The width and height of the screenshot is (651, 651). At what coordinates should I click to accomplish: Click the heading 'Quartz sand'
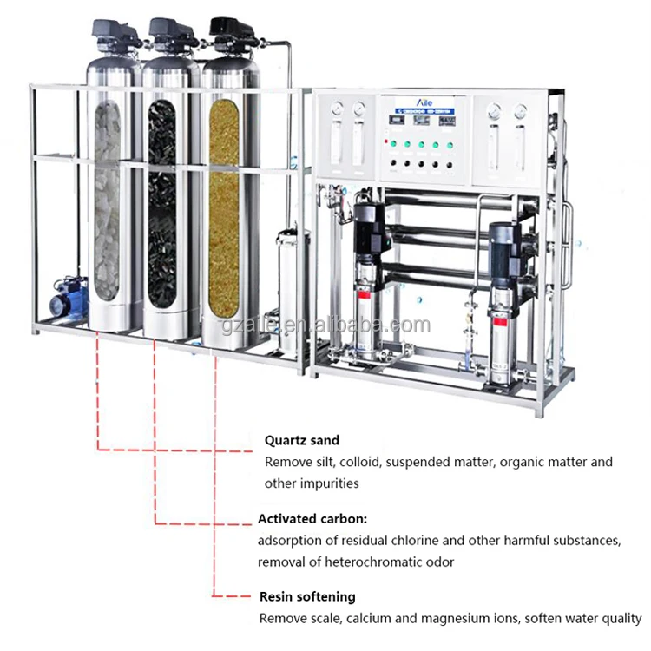(x=302, y=441)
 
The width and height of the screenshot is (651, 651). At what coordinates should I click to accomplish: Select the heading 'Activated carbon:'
(x=312, y=519)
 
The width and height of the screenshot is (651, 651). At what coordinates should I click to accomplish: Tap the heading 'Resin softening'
(x=307, y=597)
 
